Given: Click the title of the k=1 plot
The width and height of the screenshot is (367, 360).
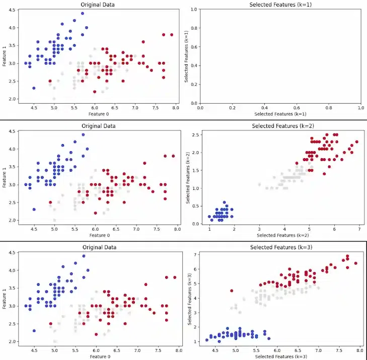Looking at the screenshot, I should click(280, 5).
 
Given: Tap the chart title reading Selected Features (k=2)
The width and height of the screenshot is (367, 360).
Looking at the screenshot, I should click(280, 125).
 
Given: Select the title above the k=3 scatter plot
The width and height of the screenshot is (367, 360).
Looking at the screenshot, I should click(280, 247).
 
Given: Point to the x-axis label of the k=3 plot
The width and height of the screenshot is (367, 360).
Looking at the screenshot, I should click(280, 356).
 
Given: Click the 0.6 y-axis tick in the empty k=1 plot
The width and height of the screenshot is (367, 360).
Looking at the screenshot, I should click(194, 47).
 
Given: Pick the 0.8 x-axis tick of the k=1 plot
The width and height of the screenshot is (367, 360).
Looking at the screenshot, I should click(329, 107).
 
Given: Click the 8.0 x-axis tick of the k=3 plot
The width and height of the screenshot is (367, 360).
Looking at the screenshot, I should click(359, 350).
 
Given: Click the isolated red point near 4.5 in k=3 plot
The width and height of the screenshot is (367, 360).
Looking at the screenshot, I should click(232, 291).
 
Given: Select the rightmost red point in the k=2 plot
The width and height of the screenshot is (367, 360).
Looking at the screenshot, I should click(357, 142).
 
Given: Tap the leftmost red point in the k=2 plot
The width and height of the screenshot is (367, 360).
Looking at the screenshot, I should click(297, 163).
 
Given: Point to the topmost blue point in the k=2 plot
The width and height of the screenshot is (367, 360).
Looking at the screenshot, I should click(225, 202).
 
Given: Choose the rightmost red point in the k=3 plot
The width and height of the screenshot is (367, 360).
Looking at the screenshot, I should click(355, 263).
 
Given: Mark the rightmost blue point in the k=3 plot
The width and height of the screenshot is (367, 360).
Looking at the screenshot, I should click(269, 338).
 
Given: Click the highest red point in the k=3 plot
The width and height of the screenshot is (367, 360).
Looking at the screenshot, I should click(347, 256).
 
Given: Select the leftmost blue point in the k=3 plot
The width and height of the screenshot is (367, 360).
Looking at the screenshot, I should click(206, 340).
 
